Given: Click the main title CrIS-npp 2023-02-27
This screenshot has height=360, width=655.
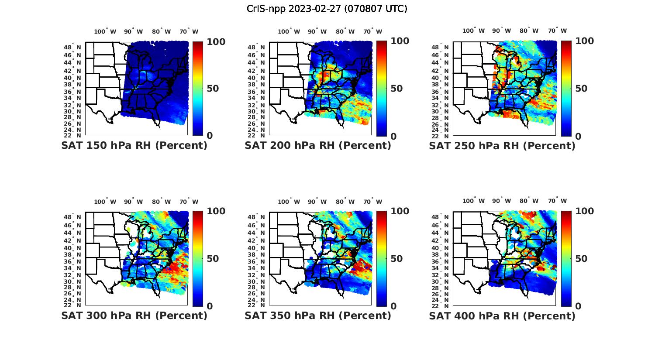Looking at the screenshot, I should (x=327, y=9).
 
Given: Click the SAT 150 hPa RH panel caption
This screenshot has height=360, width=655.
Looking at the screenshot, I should (x=134, y=146).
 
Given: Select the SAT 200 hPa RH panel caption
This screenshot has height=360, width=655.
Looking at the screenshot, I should (x=318, y=146).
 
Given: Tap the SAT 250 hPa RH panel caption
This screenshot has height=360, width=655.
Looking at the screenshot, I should (x=502, y=146).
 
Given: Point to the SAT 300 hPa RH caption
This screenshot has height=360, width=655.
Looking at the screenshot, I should (x=134, y=315).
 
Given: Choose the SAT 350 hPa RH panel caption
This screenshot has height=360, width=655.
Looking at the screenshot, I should (x=318, y=315).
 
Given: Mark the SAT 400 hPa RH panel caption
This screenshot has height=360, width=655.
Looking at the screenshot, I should (x=502, y=315).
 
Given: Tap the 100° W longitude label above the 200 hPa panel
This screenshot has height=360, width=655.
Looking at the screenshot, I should (x=289, y=31).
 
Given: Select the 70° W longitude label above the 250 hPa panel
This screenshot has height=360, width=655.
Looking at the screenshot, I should (x=558, y=31).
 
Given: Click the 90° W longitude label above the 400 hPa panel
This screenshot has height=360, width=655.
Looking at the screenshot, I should (x=502, y=201).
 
